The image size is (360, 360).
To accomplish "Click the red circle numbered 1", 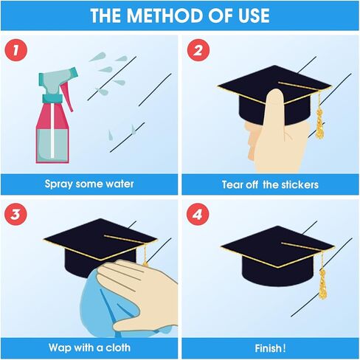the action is tap(15, 50).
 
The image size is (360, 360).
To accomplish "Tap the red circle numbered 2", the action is tap(198, 50).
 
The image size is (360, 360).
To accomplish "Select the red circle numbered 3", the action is tap(15, 214).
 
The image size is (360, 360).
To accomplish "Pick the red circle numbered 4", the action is tap(198, 214).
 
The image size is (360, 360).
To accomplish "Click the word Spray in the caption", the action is tap(58, 184).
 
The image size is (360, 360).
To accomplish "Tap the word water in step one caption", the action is tap(120, 184).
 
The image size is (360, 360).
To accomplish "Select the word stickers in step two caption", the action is tap(300, 184).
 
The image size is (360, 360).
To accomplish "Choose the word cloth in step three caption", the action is tap(118, 347).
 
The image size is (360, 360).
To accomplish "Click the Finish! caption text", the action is tap(270, 348).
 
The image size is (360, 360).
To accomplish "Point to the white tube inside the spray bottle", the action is tap(52, 131).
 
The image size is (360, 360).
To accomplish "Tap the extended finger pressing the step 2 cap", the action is tap(275, 108).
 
